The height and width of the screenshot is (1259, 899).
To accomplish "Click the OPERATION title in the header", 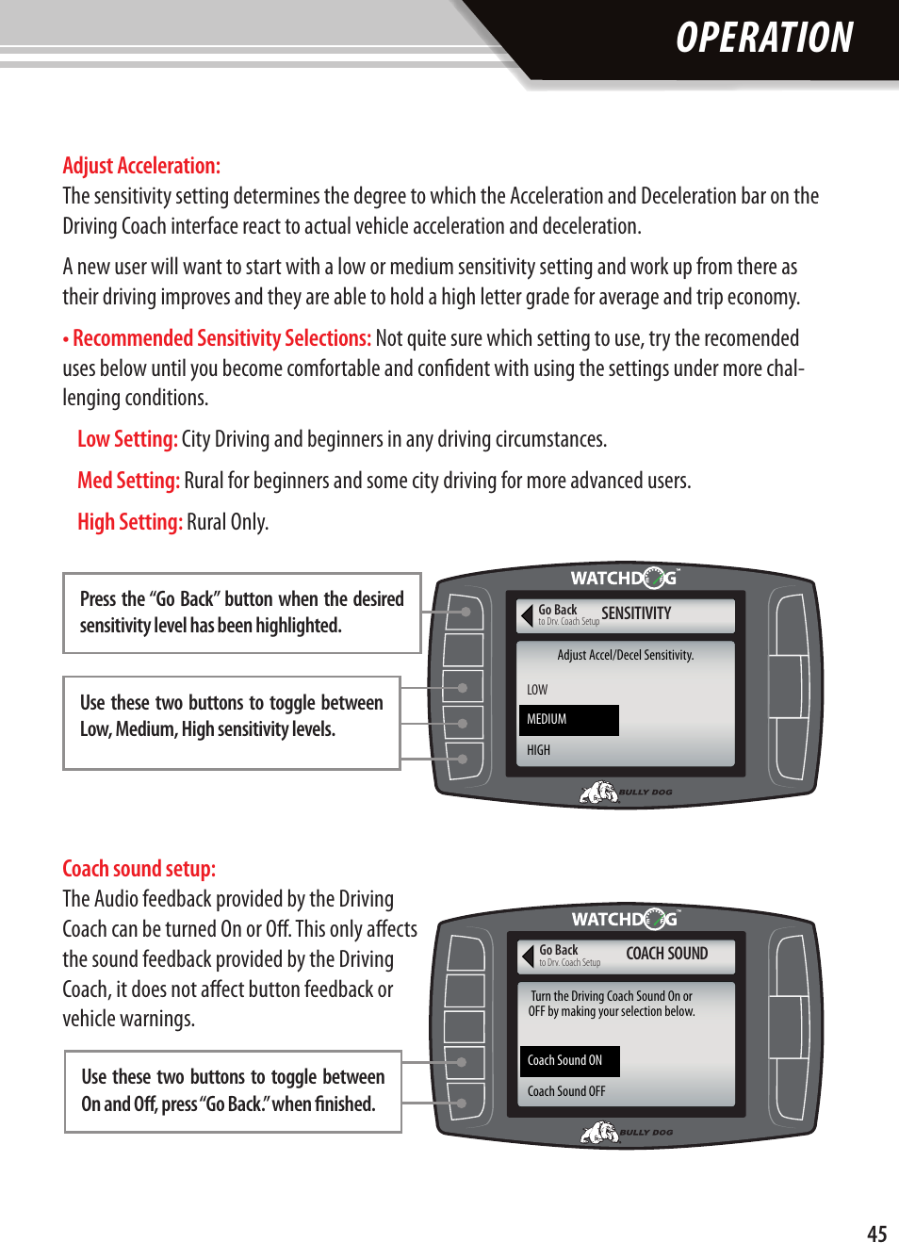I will [x=764, y=39].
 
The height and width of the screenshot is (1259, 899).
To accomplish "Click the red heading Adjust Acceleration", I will [x=141, y=166].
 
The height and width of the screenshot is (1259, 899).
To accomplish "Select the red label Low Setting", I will [x=127, y=439].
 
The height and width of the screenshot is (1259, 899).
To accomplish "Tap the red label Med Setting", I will [x=128, y=481].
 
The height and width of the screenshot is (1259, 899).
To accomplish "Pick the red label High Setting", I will [x=130, y=522].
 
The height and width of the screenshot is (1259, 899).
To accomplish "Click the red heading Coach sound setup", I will [x=139, y=869].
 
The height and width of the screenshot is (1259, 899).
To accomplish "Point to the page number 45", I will [x=876, y=1234].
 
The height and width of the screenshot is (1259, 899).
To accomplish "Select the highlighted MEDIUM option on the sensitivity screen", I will [x=568, y=720].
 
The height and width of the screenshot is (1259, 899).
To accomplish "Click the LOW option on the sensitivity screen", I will [x=537, y=690].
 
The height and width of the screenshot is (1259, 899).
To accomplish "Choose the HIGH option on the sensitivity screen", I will [x=538, y=750].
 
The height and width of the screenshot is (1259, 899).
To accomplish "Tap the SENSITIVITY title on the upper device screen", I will [x=636, y=613].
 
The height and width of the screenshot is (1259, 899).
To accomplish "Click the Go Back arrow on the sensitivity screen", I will [x=528, y=615].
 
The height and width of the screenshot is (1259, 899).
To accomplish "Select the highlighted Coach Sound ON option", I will [x=568, y=1061].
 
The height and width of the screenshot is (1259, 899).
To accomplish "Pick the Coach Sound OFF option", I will [x=566, y=1091].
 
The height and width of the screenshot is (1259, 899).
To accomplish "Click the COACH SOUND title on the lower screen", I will [x=666, y=954].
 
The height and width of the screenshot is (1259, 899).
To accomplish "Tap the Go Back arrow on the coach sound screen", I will [x=529, y=957].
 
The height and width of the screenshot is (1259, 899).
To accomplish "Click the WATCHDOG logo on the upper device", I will [x=624, y=578].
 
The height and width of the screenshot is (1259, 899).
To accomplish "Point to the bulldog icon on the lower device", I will [x=599, y=1132].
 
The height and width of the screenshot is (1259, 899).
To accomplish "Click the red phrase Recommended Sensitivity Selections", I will [x=221, y=338].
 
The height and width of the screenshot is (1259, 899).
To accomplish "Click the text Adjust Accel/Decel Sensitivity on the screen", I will [x=625, y=655].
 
